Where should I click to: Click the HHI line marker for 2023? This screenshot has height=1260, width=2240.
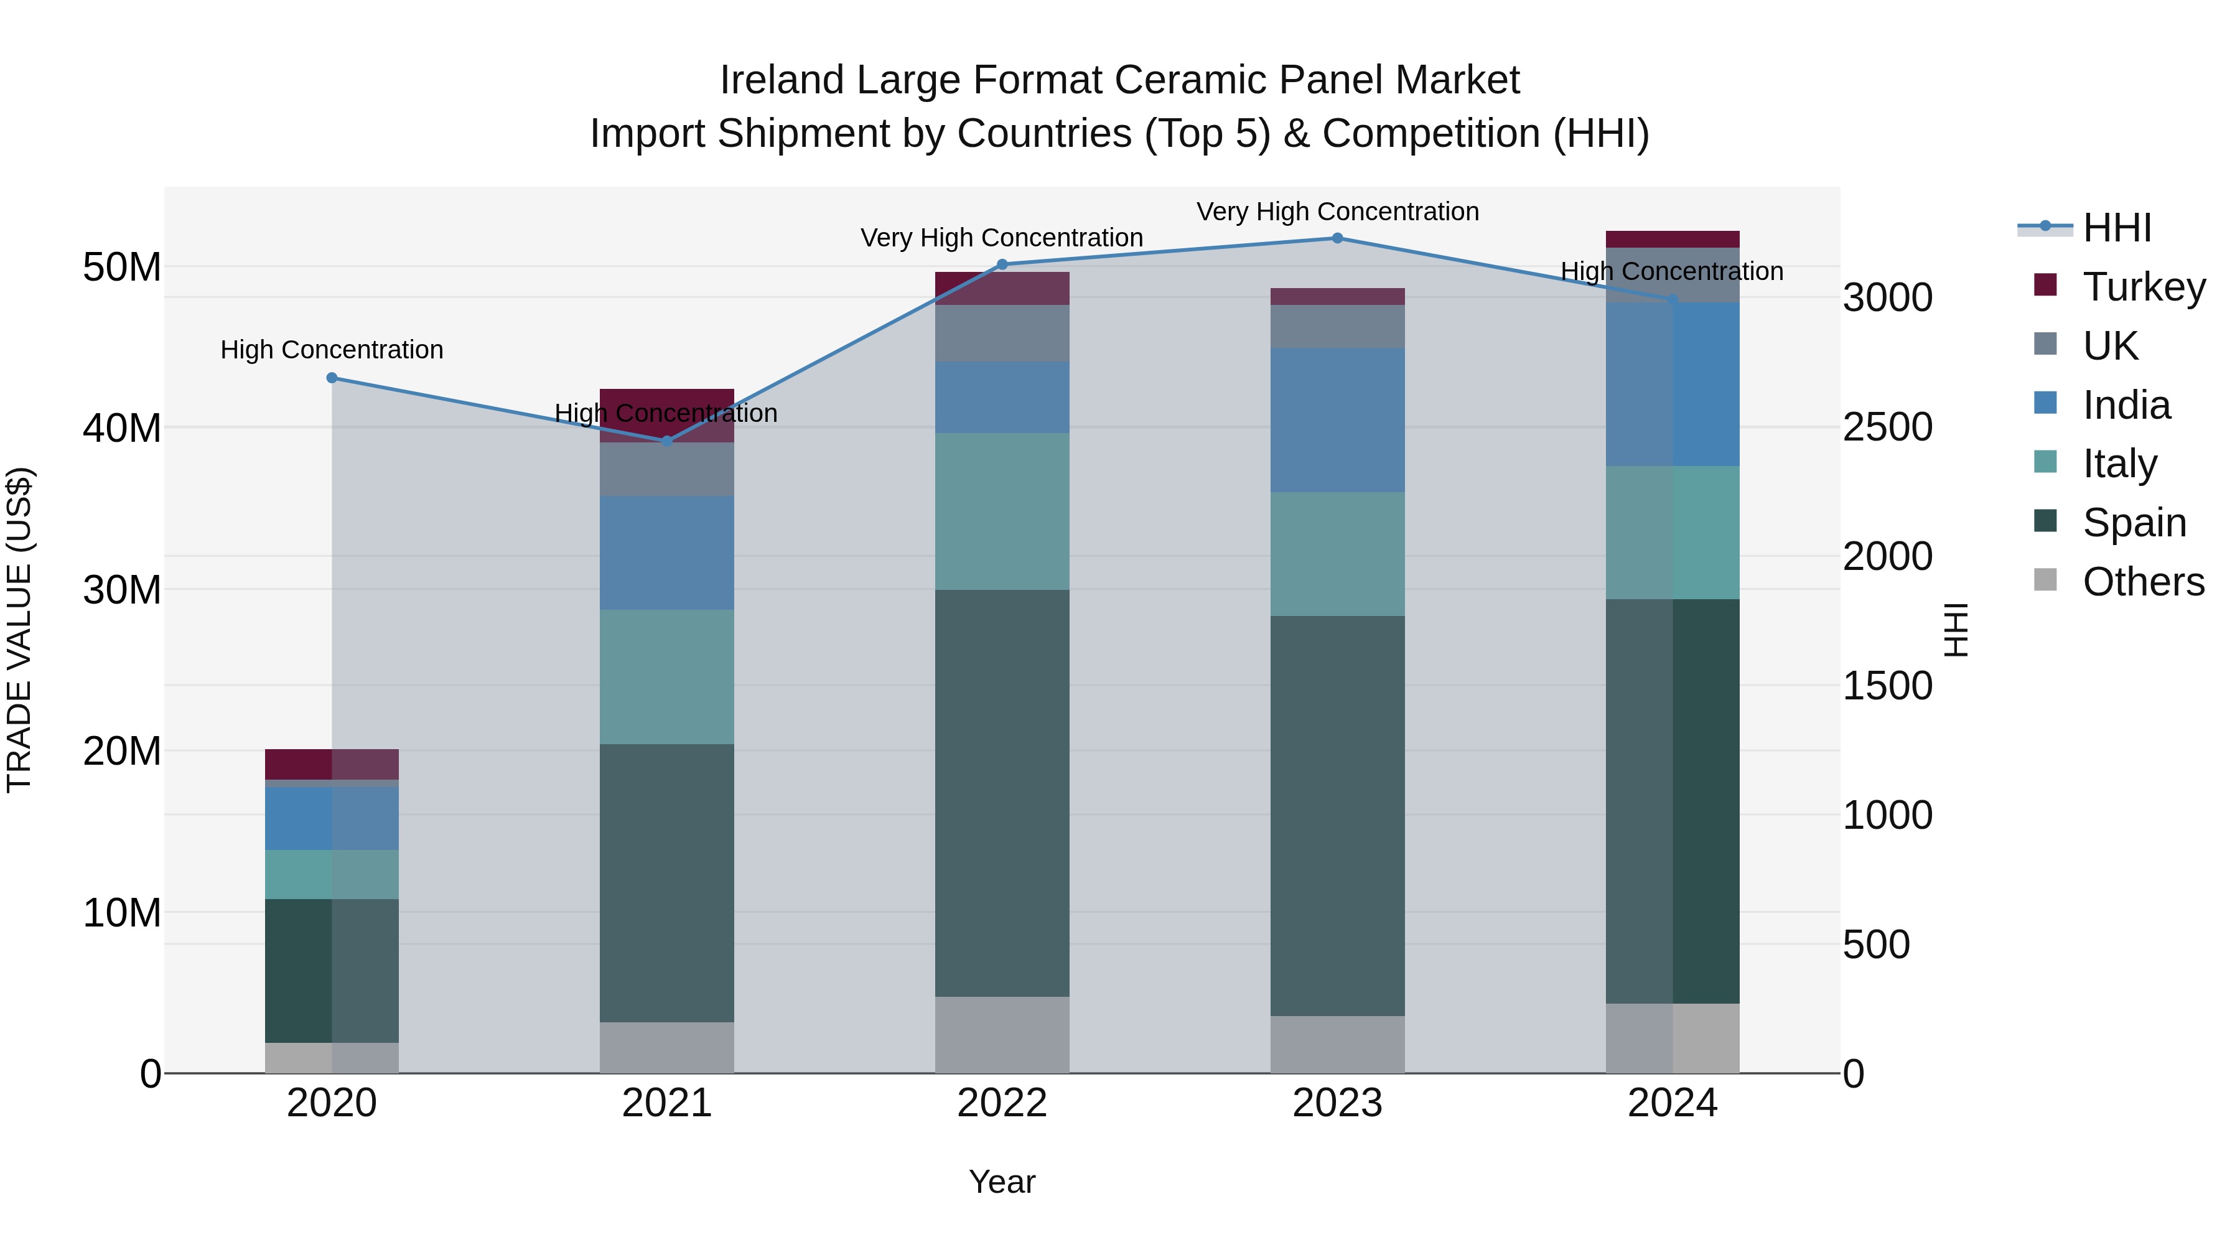(x=1337, y=238)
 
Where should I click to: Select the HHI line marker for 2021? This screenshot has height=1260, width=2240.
(x=667, y=441)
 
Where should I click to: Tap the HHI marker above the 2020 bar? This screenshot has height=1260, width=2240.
(x=332, y=378)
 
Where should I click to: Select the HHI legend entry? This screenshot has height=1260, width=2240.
(x=2117, y=228)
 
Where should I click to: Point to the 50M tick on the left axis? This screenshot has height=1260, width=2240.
(x=122, y=267)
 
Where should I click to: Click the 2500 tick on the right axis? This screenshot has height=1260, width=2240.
(x=1888, y=427)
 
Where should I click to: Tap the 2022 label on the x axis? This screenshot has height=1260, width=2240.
(x=1002, y=1103)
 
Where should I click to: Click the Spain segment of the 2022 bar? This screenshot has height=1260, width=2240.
(x=1002, y=793)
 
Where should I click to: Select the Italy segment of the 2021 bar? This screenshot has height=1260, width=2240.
(x=667, y=676)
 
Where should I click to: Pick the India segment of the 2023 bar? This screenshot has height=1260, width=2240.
(x=1337, y=420)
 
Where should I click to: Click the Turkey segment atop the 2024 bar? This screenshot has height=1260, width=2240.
(x=1671, y=239)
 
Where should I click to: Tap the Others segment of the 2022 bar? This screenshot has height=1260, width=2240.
(x=1002, y=1035)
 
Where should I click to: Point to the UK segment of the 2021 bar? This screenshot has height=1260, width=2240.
(x=667, y=470)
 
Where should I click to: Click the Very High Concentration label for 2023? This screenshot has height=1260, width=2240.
(x=1337, y=212)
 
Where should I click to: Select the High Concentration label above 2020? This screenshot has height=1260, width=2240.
(x=332, y=350)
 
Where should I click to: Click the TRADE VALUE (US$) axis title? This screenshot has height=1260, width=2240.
(x=19, y=630)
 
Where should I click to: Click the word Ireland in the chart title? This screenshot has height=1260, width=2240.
(x=781, y=80)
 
